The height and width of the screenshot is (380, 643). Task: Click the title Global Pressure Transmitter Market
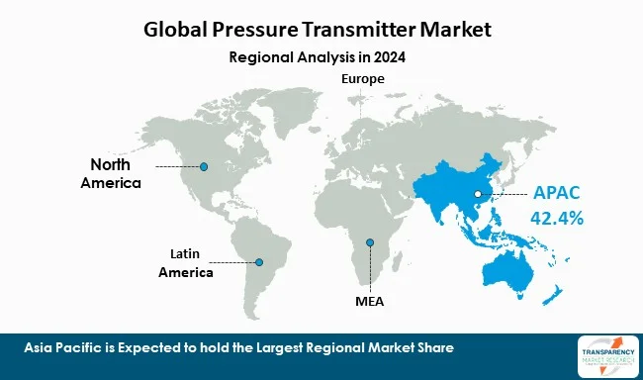pyautogui.click(x=321, y=29)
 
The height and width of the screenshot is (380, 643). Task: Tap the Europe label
pyautogui.click(x=363, y=78)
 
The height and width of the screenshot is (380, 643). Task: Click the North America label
pyautogui.click(x=116, y=173)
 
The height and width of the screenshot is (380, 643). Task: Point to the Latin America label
pyautogui.click(x=186, y=263)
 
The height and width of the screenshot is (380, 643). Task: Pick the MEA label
pyautogui.click(x=369, y=300)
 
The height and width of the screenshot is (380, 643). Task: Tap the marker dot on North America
pyautogui.click(x=204, y=166)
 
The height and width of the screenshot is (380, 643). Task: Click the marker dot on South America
pyautogui.click(x=259, y=262)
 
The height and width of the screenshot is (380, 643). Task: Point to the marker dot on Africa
pyautogui.click(x=370, y=243)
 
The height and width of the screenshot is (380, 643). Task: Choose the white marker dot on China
pyautogui.click(x=477, y=194)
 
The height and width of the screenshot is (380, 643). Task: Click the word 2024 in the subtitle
pyautogui.click(x=389, y=56)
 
